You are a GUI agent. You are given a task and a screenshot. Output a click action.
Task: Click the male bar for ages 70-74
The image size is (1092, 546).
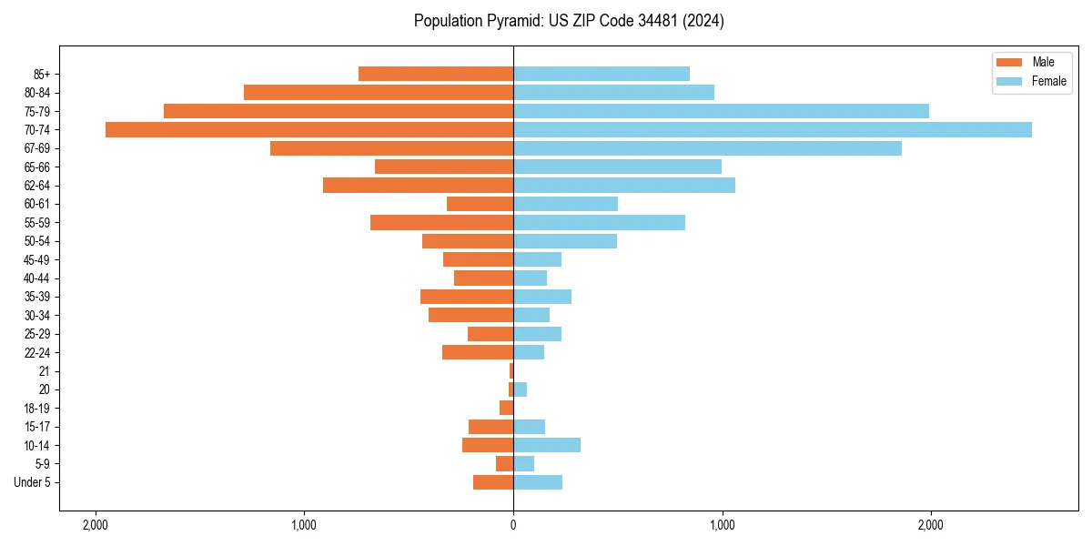tap(309, 129)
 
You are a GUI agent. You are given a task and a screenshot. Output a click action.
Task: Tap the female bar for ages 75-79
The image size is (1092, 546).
tap(721, 111)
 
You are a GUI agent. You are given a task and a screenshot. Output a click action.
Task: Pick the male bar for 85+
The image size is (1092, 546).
tap(436, 74)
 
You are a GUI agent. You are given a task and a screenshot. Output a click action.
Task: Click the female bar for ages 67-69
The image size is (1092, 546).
tap(707, 148)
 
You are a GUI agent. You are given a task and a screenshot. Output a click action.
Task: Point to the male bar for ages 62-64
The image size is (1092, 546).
tap(418, 185)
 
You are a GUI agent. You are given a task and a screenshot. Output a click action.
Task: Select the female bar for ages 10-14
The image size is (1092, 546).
tap(547, 445)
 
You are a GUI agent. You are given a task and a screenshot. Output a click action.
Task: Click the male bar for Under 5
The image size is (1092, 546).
tap(493, 482)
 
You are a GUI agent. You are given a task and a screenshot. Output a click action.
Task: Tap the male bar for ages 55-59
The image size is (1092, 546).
tap(441, 222)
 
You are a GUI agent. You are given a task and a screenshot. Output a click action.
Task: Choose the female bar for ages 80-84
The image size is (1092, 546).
tap(613, 92)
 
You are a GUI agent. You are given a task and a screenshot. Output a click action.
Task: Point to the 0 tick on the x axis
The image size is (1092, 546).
tap(513, 525)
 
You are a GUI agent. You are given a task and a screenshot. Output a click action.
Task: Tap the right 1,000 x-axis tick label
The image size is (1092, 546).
tap(722, 525)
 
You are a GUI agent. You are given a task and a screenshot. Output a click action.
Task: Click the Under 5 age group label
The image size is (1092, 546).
tap(32, 482)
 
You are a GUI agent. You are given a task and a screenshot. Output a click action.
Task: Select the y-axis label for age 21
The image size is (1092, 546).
tap(44, 371)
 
